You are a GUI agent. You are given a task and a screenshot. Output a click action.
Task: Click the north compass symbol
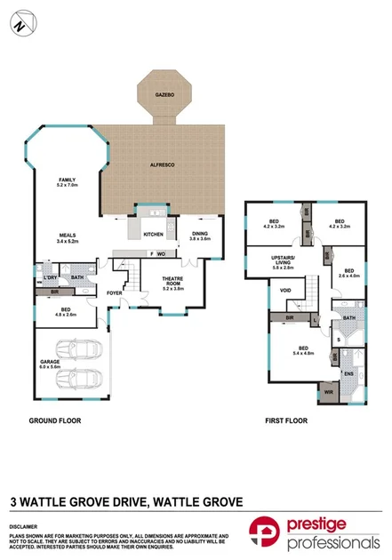20,26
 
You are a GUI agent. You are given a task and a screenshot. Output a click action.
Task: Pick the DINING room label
200,236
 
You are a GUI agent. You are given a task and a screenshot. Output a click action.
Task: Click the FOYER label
115,292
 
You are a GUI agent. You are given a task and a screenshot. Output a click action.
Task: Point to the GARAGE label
50,362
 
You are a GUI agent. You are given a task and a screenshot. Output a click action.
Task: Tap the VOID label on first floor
285,290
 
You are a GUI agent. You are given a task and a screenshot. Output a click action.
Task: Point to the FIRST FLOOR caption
285,420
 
